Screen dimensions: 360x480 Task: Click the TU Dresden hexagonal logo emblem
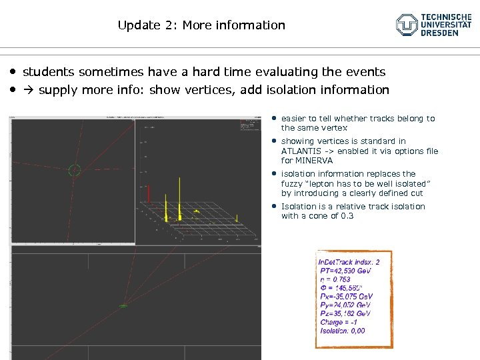[407, 25]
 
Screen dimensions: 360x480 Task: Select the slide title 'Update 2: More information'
[201, 25]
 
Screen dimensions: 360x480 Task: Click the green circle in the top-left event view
[74, 170]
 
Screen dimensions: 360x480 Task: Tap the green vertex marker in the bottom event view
[123, 305]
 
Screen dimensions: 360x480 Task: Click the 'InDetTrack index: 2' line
[349, 262]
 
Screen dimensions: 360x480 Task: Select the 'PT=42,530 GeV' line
[345, 271]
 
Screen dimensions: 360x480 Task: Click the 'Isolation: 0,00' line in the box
[342, 331]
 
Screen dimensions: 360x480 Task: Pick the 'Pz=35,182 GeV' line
[345, 313]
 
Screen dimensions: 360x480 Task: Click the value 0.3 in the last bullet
[347, 216]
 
